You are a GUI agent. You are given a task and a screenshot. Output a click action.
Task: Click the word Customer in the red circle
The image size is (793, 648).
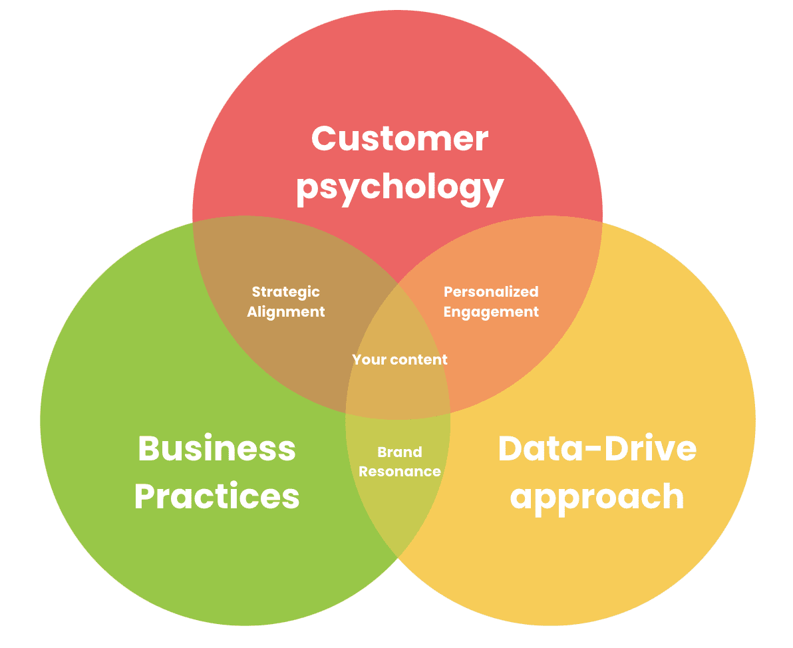click(400, 138)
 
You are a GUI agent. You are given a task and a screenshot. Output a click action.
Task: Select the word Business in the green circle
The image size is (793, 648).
click(216, 448)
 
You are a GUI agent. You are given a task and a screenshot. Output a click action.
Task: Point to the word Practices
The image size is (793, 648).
click(217, 496)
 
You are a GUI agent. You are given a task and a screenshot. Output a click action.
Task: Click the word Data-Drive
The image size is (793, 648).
click(597, 448)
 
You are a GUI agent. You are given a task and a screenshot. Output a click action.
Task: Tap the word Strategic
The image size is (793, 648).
click(285, 292)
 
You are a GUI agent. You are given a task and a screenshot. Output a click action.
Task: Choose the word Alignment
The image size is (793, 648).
click(285, 311)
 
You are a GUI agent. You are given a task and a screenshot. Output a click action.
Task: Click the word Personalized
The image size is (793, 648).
click(491, 291)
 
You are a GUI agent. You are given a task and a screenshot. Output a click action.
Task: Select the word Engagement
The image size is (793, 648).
click(491, 311)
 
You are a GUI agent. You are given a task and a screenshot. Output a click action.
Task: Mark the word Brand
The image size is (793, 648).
click(399, 452)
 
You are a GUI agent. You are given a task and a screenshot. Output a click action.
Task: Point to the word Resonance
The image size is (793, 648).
click(399, 472)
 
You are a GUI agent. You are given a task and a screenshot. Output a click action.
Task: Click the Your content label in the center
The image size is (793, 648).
click(399, 360)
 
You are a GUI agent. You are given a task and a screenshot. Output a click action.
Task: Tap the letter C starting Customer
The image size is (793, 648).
click(323, 138)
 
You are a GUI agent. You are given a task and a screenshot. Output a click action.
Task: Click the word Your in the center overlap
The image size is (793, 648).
click(369, 360)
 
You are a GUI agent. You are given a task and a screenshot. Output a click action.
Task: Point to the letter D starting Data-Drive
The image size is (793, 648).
click(510, 448)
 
